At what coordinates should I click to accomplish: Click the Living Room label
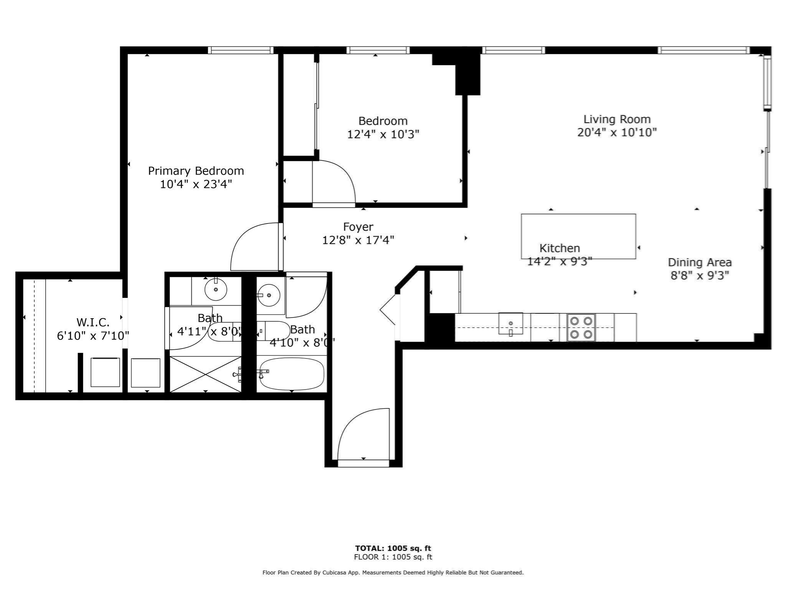[x=617, y=119]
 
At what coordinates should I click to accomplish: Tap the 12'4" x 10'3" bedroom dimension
[x=383, y=135]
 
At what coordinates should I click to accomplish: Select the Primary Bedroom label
[x=196, y=171]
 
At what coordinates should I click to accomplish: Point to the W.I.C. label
[x=93, y=322]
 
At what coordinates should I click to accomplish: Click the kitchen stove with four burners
[x=581, y=327]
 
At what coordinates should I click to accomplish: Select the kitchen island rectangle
[x=578, y=230]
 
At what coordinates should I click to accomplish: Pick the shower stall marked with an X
[x=205, y=374]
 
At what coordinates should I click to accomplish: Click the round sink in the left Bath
[x=216, y=290]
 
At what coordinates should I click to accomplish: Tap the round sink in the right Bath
[x=269, y=295]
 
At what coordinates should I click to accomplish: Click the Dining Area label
[x=700, y=263]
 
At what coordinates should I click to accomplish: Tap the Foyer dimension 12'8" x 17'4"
[x=358, y=240]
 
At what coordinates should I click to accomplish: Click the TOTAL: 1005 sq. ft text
[x=393, y=548]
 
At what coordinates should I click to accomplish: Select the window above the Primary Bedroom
[x=241, y=50]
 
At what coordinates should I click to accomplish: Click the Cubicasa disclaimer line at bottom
[x=393, y=573]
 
